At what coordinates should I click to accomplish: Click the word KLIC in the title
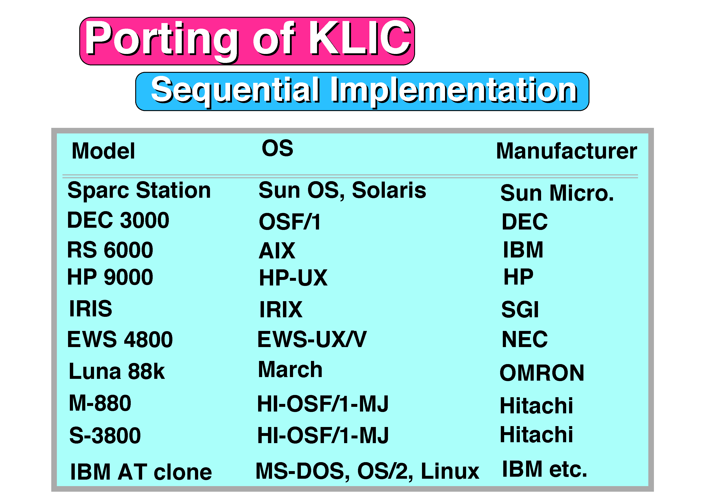coord(360,38)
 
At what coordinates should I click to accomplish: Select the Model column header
coord(103,151)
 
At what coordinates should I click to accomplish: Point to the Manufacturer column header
coord(567,151)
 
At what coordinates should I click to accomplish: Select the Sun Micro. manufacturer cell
coord(557,193)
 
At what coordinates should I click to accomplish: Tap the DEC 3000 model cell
coord(118,220)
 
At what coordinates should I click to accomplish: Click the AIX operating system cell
coord(277,251)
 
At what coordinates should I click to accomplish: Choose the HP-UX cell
coord(293,278)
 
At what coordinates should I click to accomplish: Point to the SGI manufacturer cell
coord(520,309)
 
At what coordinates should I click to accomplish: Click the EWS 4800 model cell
coord(120,339)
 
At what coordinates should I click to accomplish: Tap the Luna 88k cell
coord(116,371)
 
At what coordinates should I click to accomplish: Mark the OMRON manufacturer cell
coord(542,373)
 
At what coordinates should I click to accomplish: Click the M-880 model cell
coord(100,403)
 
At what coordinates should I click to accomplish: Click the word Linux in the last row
coord(450,471)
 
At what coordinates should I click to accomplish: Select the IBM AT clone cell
coord(141,472)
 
